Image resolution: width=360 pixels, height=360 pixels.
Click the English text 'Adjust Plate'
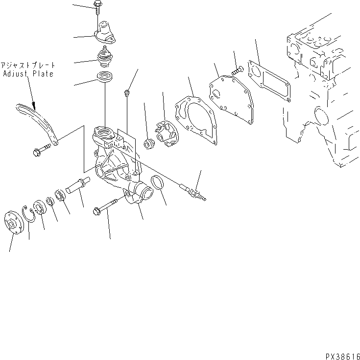tap(28, 74)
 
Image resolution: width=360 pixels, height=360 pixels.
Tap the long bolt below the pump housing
tap(110, 207)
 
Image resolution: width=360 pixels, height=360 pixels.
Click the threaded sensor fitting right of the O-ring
tap(193, 191)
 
